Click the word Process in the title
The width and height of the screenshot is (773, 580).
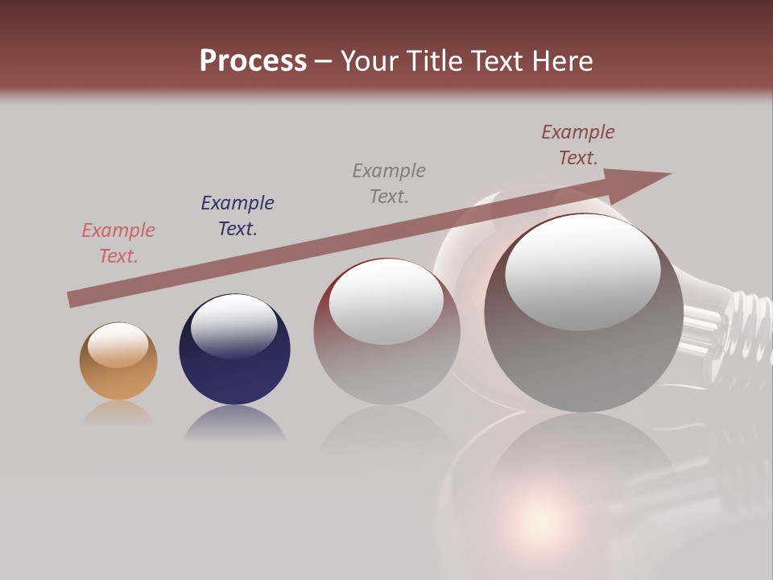(253, 61)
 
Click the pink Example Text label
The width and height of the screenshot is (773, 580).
(118, 243)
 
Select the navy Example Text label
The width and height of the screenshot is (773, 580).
(238, 216)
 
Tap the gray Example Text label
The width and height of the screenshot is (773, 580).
(389, 184)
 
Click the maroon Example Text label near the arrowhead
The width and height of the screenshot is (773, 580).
(578, 145)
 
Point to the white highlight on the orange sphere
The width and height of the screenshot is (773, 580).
(118, 345)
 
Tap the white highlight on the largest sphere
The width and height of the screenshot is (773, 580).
(582, 271)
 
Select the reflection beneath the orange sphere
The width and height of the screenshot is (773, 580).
(118, 414)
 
